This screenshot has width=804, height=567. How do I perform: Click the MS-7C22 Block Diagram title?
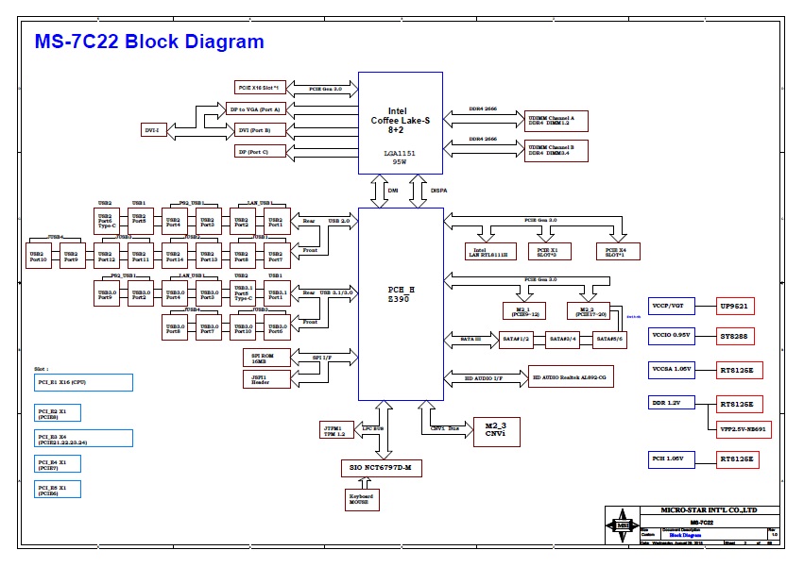(149, 42)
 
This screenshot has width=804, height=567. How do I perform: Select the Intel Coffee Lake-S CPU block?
(401, 123)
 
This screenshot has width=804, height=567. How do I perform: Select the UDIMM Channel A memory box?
(556, 120)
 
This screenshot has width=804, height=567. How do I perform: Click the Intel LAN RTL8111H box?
(488, 251)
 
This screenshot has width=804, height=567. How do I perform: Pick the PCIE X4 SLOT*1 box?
(618, 251)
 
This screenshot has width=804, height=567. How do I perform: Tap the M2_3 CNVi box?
(496, 429)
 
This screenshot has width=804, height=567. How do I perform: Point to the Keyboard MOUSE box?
(361, 498)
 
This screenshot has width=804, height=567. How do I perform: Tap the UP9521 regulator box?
(737, 306)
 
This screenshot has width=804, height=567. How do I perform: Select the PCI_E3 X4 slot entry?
(84, 438)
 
